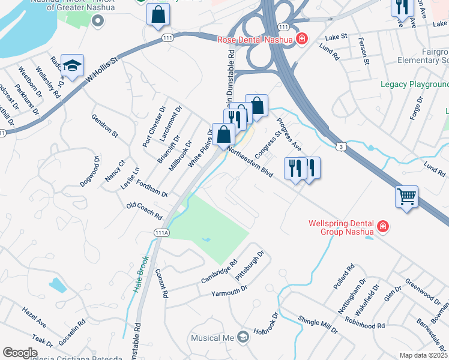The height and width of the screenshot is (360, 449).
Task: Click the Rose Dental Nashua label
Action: click(x=255, y=40)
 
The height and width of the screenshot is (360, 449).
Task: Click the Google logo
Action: click(x=20, y=353)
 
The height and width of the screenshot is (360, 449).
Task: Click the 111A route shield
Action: click(x=161, y=232)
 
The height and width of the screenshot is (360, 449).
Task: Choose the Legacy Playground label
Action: click(x=414, y=84)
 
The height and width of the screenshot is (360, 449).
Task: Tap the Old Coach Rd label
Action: click(x=145, y=211)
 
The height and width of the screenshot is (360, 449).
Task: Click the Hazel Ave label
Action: click(x=34, y=315)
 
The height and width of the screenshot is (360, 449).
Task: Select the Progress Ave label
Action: click(x=288, y=135)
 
